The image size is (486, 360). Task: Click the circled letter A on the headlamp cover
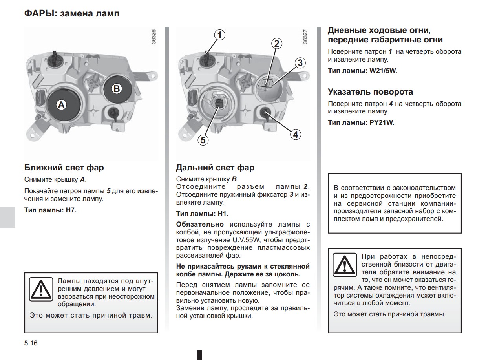[61, 105]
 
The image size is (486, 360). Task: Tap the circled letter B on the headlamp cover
[117, 89]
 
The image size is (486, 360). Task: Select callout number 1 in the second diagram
[220, 35]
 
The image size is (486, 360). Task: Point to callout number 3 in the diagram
[300, 62]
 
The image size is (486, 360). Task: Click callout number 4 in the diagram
[295, 135]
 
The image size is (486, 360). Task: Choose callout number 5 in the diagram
[203, 140]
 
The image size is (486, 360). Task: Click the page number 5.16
[31, 343]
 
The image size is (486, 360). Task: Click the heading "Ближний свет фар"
[64, 168]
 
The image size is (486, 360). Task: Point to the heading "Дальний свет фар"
[215, 168]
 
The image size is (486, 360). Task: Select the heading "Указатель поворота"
[370, 92]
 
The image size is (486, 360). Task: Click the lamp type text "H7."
[71, 210]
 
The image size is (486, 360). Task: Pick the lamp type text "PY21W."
[382, 122]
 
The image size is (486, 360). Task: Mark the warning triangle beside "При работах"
[344, 264]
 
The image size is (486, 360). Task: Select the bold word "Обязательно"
[200, 224]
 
